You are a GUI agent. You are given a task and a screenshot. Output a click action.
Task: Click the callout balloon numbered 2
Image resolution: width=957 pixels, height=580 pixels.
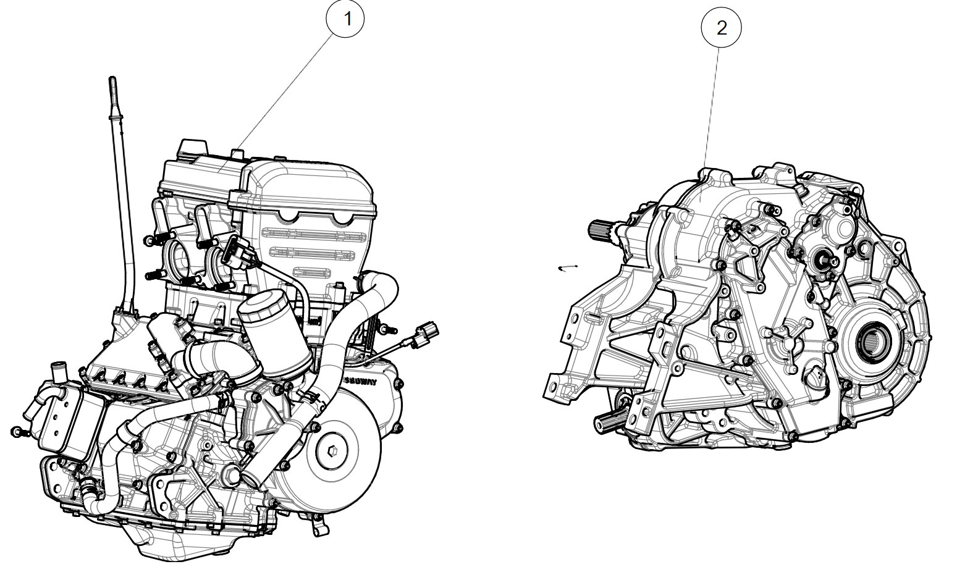point(721,28)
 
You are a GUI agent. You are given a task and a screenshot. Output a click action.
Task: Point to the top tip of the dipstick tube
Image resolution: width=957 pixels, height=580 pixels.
point(112,80)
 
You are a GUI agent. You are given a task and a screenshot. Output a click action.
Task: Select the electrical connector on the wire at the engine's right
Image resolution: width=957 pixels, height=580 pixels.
point(426,332)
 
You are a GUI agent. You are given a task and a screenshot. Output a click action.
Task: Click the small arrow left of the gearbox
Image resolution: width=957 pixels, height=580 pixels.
point(567,267)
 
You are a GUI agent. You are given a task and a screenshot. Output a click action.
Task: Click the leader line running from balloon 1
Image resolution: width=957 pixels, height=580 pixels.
point(290,86)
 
